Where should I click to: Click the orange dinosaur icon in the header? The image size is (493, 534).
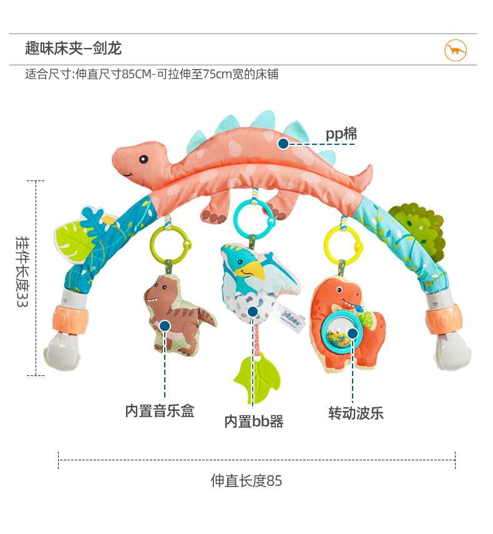(456, 49)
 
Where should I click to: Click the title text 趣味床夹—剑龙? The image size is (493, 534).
(73, 48)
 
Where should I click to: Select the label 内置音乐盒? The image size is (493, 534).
(160, 411)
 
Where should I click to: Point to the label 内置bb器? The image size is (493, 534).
(254, 422)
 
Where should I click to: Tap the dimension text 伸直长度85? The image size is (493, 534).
(246, 480)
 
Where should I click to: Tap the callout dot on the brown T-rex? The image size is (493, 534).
(165, 326)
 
